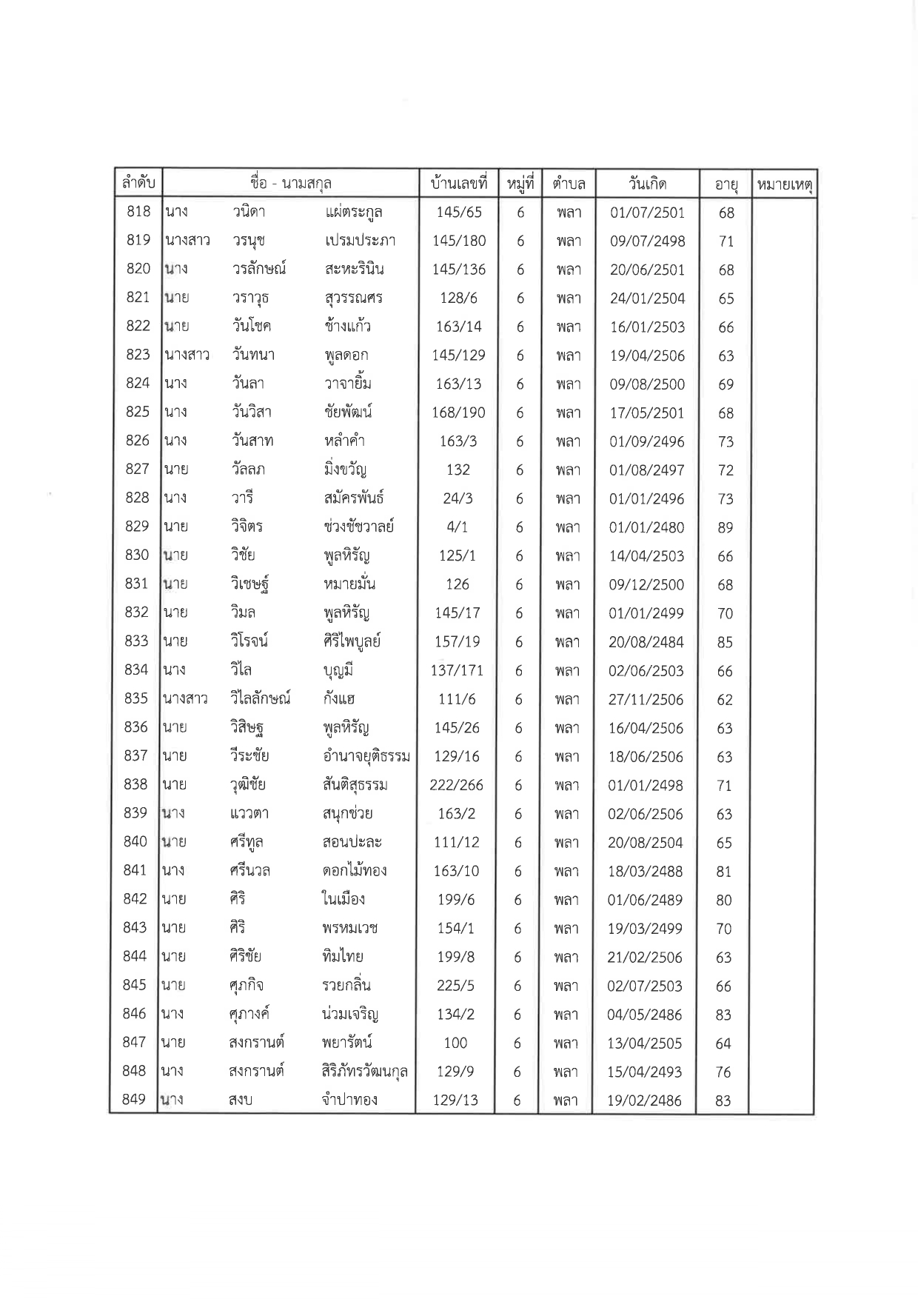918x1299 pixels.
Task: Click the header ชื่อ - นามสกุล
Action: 290,183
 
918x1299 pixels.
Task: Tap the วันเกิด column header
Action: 647,183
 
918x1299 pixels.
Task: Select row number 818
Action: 138,212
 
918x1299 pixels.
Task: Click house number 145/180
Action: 459,241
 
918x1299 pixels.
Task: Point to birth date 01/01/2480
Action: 646,527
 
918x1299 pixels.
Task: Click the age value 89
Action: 726,527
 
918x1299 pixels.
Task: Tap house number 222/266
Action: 457,785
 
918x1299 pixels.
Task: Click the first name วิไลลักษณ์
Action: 260,698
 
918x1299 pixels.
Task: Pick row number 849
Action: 134,1100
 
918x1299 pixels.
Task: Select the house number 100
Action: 455,1043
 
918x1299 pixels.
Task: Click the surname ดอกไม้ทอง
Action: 349,871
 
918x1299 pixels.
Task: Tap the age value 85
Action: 725,642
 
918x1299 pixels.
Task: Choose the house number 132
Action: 458,470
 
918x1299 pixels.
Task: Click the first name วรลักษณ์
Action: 258,269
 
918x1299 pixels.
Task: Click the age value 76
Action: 723,1072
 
